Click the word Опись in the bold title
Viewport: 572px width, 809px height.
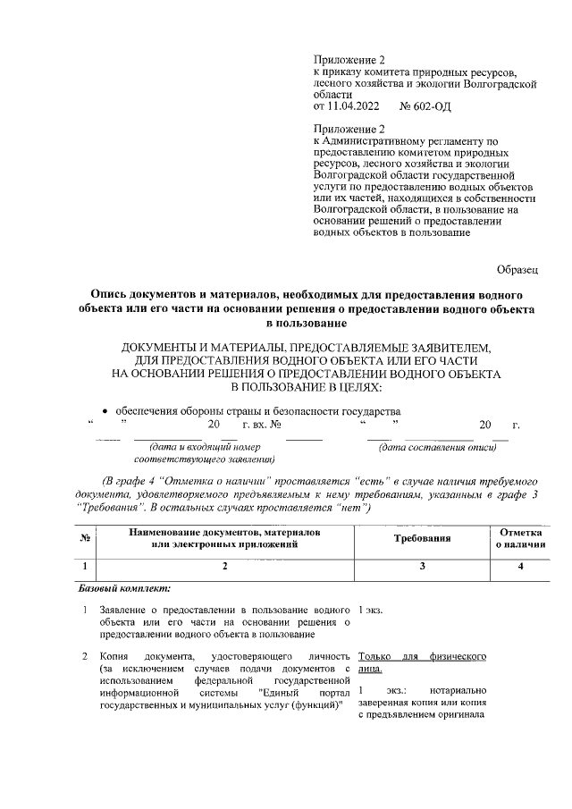pyautogui.click(x=117, y=294)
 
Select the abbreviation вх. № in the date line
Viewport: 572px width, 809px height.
pyautogui.click(x=264, y=425)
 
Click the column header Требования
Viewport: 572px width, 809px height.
pyautogui.click(x=422, y=539)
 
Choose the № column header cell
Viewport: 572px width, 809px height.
pyautogui.click(x=83, y=539)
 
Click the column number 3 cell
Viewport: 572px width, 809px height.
pyautogui.click(x=422, y=566)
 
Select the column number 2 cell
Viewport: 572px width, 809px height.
pyautogui.click(x=224, y=566)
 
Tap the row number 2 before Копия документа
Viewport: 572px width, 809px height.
pyautogui.click(x=83, y=657)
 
